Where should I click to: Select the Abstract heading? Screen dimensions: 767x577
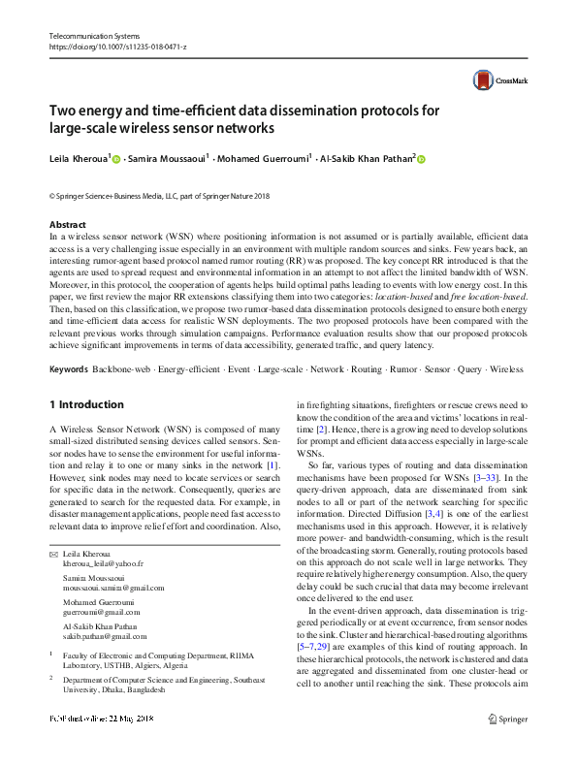click(x=68, y=224)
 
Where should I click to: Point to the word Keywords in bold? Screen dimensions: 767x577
click(x=69, y=369)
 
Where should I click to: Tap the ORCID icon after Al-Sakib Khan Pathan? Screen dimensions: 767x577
click(x=421, y=159)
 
